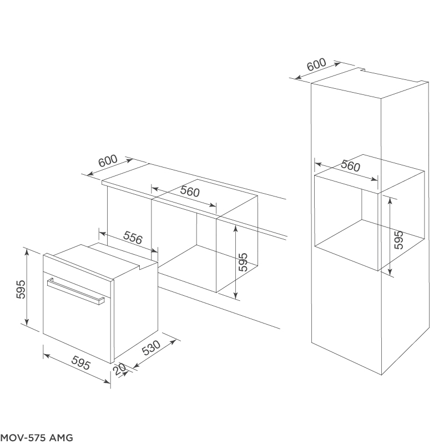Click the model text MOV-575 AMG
[x=37, y=437]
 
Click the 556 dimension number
[x=133, y=238]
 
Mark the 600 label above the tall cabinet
[x=316, y=65]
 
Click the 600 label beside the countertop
[x=108, y=160]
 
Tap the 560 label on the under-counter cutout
[x=189, y=193]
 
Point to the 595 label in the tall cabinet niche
[x=398, y=239]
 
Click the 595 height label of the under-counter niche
[x=243, y=262]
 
